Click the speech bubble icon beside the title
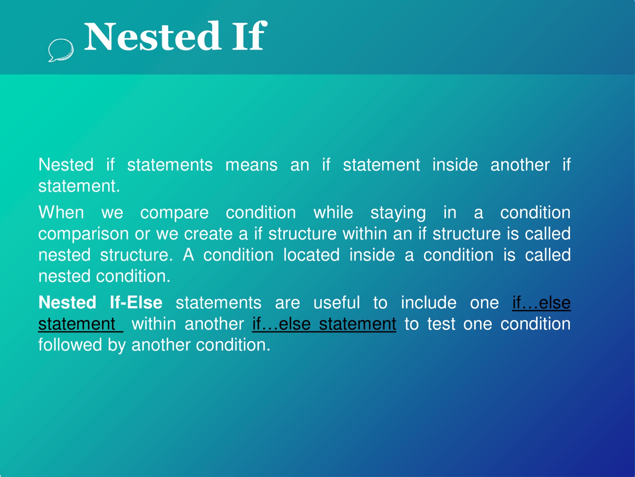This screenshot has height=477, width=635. click(x=61, y=50)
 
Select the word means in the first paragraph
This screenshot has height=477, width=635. click(x=252, y=165)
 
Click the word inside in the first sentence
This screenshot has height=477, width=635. click(x=455, y=165)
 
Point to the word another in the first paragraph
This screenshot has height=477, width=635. click(x=520, y=165)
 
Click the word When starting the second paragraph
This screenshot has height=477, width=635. click(x=61, y=213)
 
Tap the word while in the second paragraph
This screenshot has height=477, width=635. click(x=333, y=213)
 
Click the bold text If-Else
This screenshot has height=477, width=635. click(x=136, y=303)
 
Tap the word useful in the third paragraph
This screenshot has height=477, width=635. click(x=337, y=303)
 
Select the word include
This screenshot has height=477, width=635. click(x=429, y=303)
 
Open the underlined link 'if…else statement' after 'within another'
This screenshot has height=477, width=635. click(x=324, y=324)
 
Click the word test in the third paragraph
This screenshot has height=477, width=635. click(x=441, y=324)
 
